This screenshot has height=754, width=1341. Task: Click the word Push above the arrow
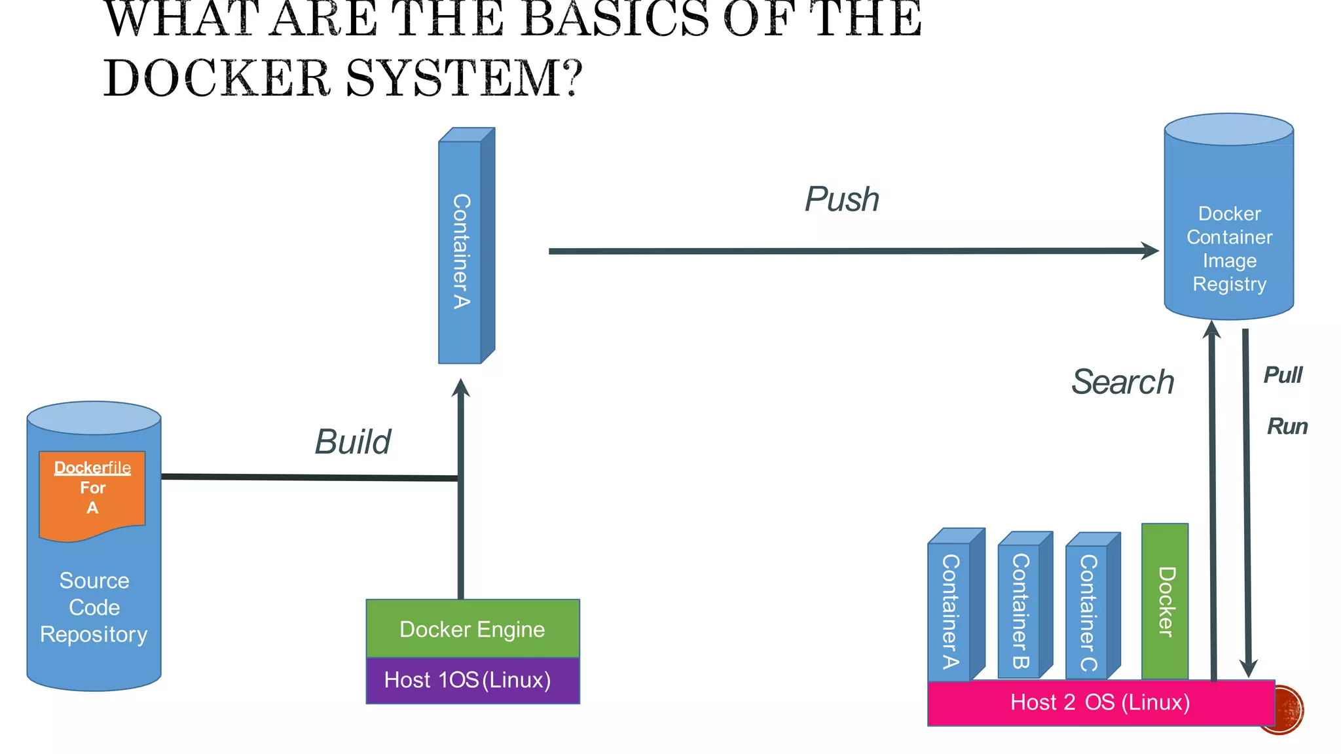841,199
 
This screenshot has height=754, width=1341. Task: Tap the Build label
352,442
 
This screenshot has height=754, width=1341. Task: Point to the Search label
1122,382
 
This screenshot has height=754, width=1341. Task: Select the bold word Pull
1283,375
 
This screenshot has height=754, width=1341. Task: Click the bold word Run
1287,427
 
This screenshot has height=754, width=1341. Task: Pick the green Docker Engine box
472,629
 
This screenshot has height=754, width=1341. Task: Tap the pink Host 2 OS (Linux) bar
1100,703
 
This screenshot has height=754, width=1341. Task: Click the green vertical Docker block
1165,601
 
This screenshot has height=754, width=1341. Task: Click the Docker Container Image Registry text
1229,249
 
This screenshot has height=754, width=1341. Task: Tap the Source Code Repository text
94,607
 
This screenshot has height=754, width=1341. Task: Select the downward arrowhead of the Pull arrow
1249,668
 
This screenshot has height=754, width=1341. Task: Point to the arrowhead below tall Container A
461,388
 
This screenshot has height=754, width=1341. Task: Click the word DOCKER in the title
216,79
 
